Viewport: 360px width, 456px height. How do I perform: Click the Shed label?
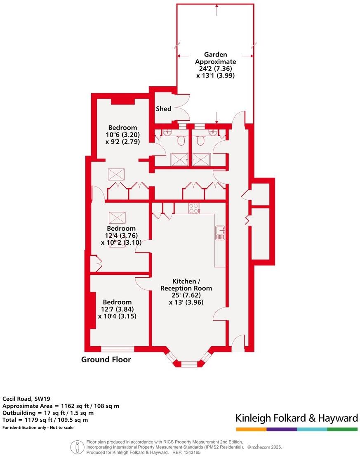(163, 109)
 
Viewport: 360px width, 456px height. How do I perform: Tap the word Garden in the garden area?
(216, 54)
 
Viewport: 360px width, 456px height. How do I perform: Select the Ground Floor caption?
(106, 359)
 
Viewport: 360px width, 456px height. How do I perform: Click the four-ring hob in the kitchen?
(194, 208)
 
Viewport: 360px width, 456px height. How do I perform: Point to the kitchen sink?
(220, 233)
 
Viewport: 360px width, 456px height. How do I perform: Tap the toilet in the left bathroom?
(180, 141)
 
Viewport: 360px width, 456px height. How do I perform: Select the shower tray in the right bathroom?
(202, 159)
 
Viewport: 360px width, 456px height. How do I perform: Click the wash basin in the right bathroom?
(213, 132)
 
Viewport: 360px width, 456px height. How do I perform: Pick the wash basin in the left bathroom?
(167, 132)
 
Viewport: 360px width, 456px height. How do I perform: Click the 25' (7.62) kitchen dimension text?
(186, 295)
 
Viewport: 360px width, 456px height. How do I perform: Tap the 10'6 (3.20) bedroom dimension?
(122, 135)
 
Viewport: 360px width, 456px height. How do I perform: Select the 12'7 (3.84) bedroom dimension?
(117, 309)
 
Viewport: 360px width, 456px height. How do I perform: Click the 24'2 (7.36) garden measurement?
(216, 69)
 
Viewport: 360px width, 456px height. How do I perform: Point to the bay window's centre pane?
(189, 364)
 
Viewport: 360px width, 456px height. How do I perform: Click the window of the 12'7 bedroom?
(118, 349)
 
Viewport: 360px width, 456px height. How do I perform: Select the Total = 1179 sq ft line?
(45, 420)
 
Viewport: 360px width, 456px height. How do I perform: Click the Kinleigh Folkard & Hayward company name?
(296, 418)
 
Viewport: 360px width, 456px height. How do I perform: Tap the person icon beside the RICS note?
(76, 447)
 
